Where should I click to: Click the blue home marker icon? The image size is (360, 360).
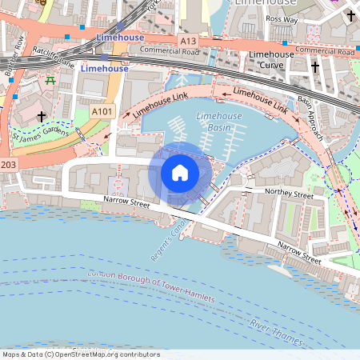[180, 173]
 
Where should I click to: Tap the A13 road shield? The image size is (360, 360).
[187, 39]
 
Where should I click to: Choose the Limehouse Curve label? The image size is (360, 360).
[271, 59]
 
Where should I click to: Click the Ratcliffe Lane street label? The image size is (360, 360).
[54, 57]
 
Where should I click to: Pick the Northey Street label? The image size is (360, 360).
[290, 194]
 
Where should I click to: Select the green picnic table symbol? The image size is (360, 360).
[50, 80]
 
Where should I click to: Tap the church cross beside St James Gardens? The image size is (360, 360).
[42, 117]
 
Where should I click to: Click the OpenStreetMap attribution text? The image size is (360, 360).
[81, 354]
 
